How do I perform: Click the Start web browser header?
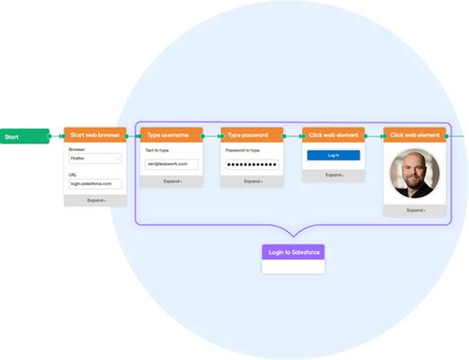coord(96,135)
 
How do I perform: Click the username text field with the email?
coord(171,164)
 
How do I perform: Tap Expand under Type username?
coord(171,182)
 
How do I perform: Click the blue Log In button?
coord(331,155)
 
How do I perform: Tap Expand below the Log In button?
coord(331,175)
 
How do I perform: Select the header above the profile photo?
coord(416,135)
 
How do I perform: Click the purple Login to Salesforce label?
coord(293,252)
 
